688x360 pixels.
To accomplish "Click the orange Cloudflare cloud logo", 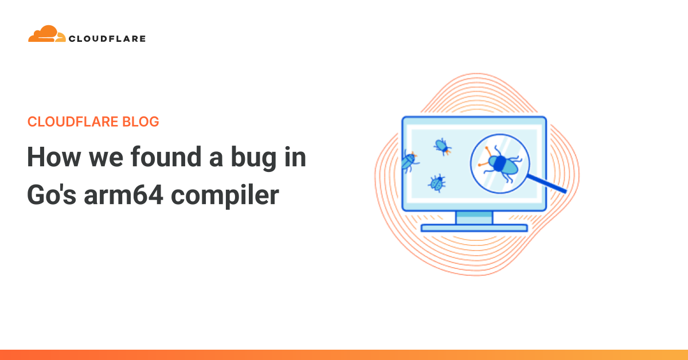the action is tap(46, 34).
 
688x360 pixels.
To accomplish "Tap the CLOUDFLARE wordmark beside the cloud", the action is tap(107, 39).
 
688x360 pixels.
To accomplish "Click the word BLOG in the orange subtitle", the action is tap(140, 122).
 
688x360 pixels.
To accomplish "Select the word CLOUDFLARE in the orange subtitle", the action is tap(73, 122).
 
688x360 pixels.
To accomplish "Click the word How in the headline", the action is tap(54, 157).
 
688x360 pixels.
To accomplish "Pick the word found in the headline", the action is tap(166, 156).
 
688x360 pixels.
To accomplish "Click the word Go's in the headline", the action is tap(52, 195).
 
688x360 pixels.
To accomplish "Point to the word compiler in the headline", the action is tap(225, 196).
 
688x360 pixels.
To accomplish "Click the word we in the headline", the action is tap(106, 160).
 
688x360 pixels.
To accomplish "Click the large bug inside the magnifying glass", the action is tap(501, 164).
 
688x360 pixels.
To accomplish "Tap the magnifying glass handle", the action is tap(547, 183).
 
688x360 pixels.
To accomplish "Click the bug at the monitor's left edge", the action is tap(410, 161).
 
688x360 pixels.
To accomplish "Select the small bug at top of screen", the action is tap(443, 147).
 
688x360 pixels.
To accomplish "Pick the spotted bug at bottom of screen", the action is tap(437, 183).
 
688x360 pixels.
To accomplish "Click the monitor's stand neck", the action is tap(474, 218).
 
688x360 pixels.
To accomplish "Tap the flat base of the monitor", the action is tap(474, 228).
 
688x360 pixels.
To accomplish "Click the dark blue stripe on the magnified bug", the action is tap(500, 163).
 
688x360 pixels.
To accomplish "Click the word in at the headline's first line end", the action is tap(295, 156).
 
